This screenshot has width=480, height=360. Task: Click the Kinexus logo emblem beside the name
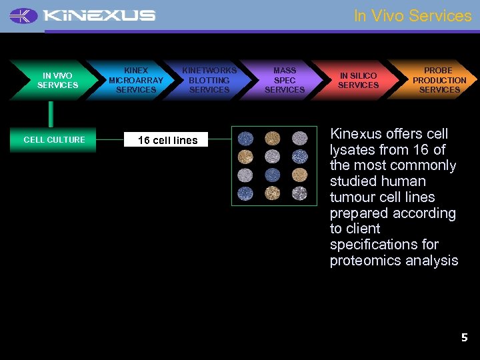click(24, 15)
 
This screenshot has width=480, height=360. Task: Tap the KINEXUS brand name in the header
click(100, 15)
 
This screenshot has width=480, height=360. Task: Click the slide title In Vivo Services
click(412, 15)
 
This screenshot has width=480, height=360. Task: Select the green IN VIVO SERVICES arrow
click(56, 81)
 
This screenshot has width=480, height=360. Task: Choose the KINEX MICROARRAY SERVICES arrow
click(135, 80)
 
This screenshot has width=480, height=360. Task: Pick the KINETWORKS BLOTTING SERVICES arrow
click(209, 80)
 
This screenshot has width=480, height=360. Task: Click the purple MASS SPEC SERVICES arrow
click(285, 80)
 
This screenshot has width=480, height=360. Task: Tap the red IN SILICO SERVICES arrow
click(358, 81)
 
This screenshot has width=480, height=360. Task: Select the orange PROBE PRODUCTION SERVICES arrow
click(439, 80)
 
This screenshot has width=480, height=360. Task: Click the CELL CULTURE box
click(54, 140)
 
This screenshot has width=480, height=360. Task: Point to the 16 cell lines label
click(167, 140)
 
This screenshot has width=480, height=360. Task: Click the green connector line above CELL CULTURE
click(50, 114)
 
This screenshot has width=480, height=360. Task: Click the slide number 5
click(465, 338)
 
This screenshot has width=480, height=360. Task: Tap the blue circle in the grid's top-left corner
click(246, 138)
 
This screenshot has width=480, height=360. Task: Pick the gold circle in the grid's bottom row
click(273, 193)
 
